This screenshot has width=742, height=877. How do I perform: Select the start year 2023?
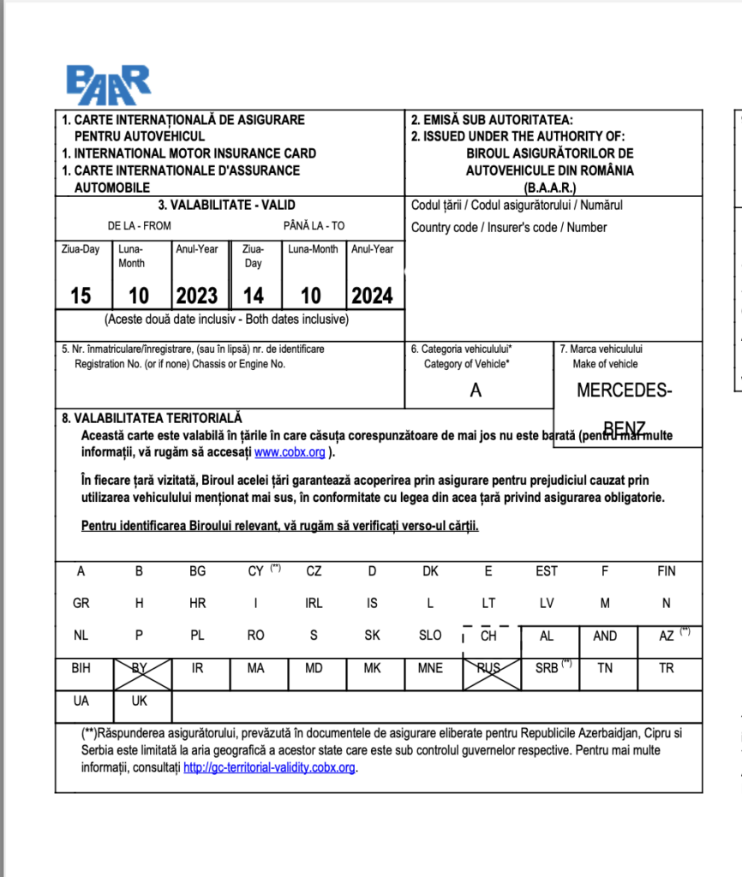pos(197,296)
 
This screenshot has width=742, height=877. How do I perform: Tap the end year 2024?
pos(372,296)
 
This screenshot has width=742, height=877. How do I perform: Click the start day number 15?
pos(81,296)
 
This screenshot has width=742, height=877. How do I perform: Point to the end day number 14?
pos(254,296)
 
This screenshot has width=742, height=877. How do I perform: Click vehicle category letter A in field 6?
pos(476,391)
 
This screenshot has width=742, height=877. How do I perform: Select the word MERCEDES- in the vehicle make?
pos(624,391)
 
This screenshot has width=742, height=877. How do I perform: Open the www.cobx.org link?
pos(290,453)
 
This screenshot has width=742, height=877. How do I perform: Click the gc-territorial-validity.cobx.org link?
pos(269,767)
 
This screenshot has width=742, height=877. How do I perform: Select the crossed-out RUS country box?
pos(488,668)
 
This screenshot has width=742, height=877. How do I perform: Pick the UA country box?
pos(81,701)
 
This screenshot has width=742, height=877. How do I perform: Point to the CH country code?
pos(488,636)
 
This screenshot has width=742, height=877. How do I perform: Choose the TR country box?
pos(667,668)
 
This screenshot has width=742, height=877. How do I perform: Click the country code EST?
pos(547,571)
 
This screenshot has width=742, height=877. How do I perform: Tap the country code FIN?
pos(667,571)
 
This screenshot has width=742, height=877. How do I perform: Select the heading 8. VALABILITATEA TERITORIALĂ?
pos(152,418)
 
